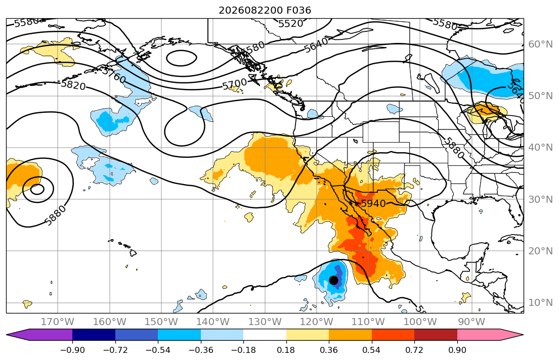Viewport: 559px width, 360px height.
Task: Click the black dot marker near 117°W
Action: click(x=333, y=280)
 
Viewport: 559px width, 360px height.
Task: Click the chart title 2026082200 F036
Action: click(x=265, y=10)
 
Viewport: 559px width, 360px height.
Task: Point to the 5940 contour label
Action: click(x=373, y=204)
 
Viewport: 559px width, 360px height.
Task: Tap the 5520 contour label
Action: click(x=290, y=24)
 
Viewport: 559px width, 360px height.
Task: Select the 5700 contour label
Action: click(x=235, y=84)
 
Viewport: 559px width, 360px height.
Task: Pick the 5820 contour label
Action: click(x=73, y=85)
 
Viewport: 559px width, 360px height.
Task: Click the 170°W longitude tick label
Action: click(x=57, y=322)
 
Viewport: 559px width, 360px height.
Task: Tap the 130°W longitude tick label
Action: click(x=265, y=322)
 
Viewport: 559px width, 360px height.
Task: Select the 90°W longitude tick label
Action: click(x=471, y=322)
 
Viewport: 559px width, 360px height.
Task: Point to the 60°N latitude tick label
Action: click(x=540, y=44)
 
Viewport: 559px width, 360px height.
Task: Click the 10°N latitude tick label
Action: click(x=540, y=303)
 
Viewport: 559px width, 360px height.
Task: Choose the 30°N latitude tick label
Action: click(x=540, y=199)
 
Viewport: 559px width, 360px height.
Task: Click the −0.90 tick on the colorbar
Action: click(x=72, y=350)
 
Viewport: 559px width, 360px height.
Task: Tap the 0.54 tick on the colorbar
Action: click(x=371, y=350)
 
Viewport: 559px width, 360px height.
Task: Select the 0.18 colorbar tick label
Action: click(x=286, y=350)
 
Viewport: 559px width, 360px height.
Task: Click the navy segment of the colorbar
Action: click(x=94, y=335)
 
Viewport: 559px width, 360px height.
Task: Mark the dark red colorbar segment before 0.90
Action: click(x=436, y=335)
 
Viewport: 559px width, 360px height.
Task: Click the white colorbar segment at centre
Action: click(x=265, y=335)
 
